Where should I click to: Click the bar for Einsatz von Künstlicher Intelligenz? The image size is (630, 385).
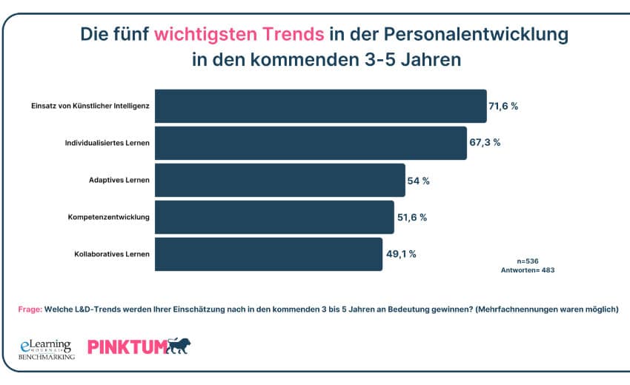click(x=320, y=106)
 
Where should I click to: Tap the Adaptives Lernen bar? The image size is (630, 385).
click(x=280, y=180)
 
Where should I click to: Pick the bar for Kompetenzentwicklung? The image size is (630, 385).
click(x=274, y=217)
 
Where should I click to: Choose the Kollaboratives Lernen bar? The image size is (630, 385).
click(x=268, y=254)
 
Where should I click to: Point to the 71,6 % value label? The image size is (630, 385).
click(x=503, y=106)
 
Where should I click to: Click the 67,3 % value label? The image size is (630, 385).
click(x=485, y=143)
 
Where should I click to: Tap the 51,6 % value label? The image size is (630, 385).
click(x=412, y=217)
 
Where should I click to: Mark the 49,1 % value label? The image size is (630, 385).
click(x=401, y=254)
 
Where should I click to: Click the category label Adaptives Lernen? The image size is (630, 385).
click(x=119, y=180)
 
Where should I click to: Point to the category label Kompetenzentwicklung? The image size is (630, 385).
click(x=109, y=217)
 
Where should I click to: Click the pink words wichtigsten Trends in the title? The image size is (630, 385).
click(x=239, y=34)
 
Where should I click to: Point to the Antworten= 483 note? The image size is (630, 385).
click(x=528, y=270)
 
